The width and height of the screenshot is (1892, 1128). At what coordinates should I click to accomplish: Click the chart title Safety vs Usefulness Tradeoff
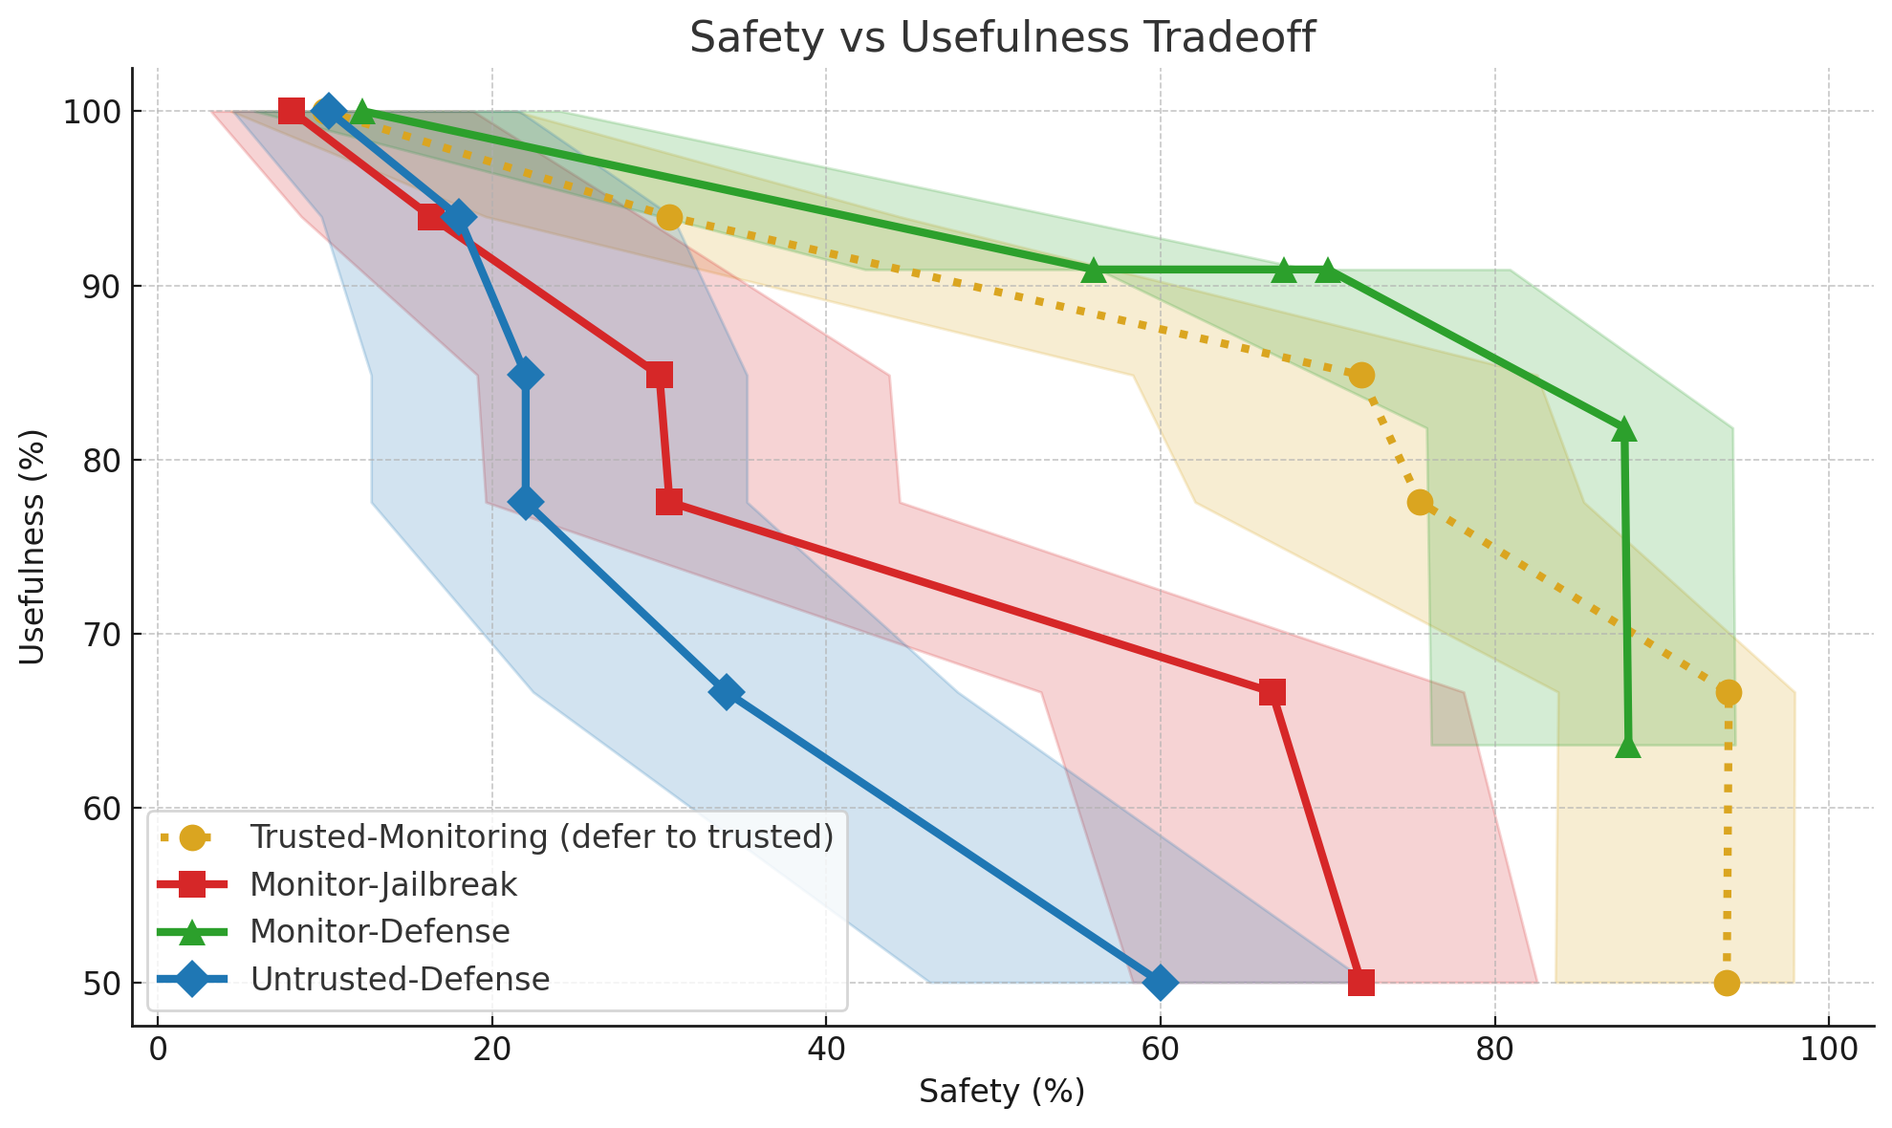[1002, 38]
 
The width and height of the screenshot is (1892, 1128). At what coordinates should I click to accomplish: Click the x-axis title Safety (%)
[1002, 1092]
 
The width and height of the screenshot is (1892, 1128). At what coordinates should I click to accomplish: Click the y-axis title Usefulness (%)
[33, 547]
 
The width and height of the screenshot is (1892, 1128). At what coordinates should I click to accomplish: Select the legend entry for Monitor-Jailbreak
[382, 884]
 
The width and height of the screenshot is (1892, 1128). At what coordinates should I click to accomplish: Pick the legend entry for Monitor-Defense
[380, 931]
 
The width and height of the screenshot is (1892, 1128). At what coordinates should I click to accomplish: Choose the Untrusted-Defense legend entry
[399, 979]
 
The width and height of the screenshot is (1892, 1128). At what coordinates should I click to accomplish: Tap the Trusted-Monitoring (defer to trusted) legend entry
[541, 836]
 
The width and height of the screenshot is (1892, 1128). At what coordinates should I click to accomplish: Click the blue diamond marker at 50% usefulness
[1160, 983]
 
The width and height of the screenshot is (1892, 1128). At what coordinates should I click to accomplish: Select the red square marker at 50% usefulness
[1360, 983]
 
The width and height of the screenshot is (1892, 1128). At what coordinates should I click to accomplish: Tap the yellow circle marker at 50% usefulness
[1727, 983]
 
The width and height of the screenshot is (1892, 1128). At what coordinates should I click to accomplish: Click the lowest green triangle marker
[1628, 747]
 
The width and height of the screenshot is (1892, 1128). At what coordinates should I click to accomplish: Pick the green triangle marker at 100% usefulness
[361, 112]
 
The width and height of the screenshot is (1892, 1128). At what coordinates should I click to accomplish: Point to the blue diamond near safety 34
[726, 692]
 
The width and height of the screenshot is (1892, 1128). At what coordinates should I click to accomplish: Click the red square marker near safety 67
[1272, 692]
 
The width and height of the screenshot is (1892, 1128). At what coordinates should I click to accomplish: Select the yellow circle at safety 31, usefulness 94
[669, 218]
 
